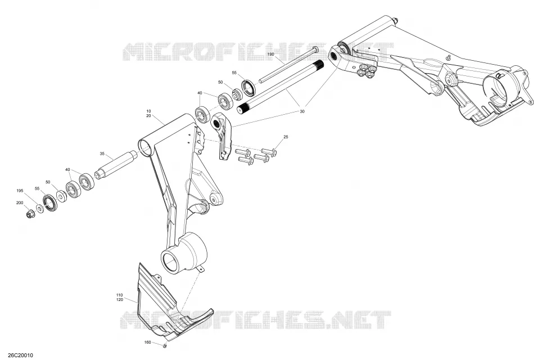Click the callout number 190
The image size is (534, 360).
271,54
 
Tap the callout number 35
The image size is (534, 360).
102,154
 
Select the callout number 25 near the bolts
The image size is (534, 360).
286,137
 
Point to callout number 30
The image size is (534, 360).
302,111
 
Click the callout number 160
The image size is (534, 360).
147,342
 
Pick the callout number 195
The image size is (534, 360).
20,191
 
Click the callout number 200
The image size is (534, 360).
20,203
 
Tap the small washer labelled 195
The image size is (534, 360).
40,208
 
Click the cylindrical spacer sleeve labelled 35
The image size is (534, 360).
115,164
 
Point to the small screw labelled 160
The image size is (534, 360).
165,346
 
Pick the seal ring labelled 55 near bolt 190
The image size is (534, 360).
248,87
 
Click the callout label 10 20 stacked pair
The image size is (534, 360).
148,114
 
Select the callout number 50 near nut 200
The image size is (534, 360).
48,182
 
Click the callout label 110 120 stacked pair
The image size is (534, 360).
120,297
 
